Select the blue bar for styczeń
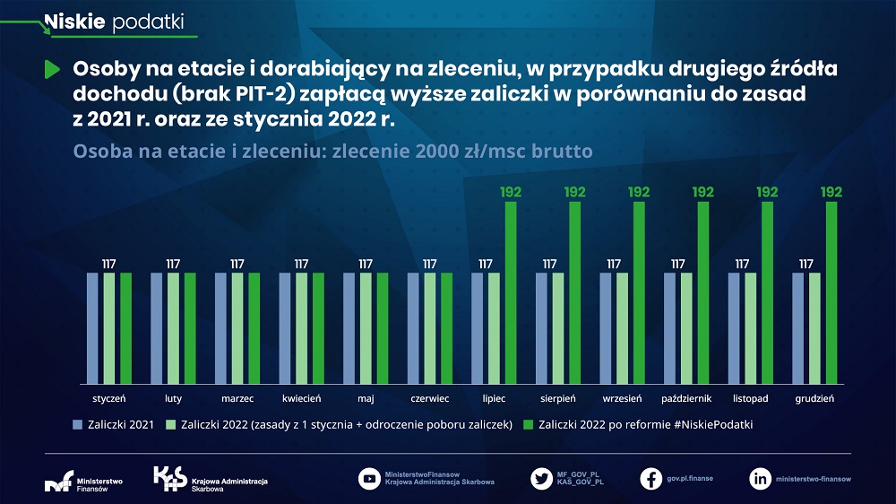click(x=92, y=327)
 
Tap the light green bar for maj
click(x=366, y=327)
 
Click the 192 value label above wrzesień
click(x=639, y=192)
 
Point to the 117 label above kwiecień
click(x=301, y=264)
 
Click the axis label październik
click(x=686, y=397)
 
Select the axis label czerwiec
click(x=429, y=397)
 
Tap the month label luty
click(x=173, y=397)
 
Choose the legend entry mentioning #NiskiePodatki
click(x=645, y=423)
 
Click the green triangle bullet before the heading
click(x=52, y=69)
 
